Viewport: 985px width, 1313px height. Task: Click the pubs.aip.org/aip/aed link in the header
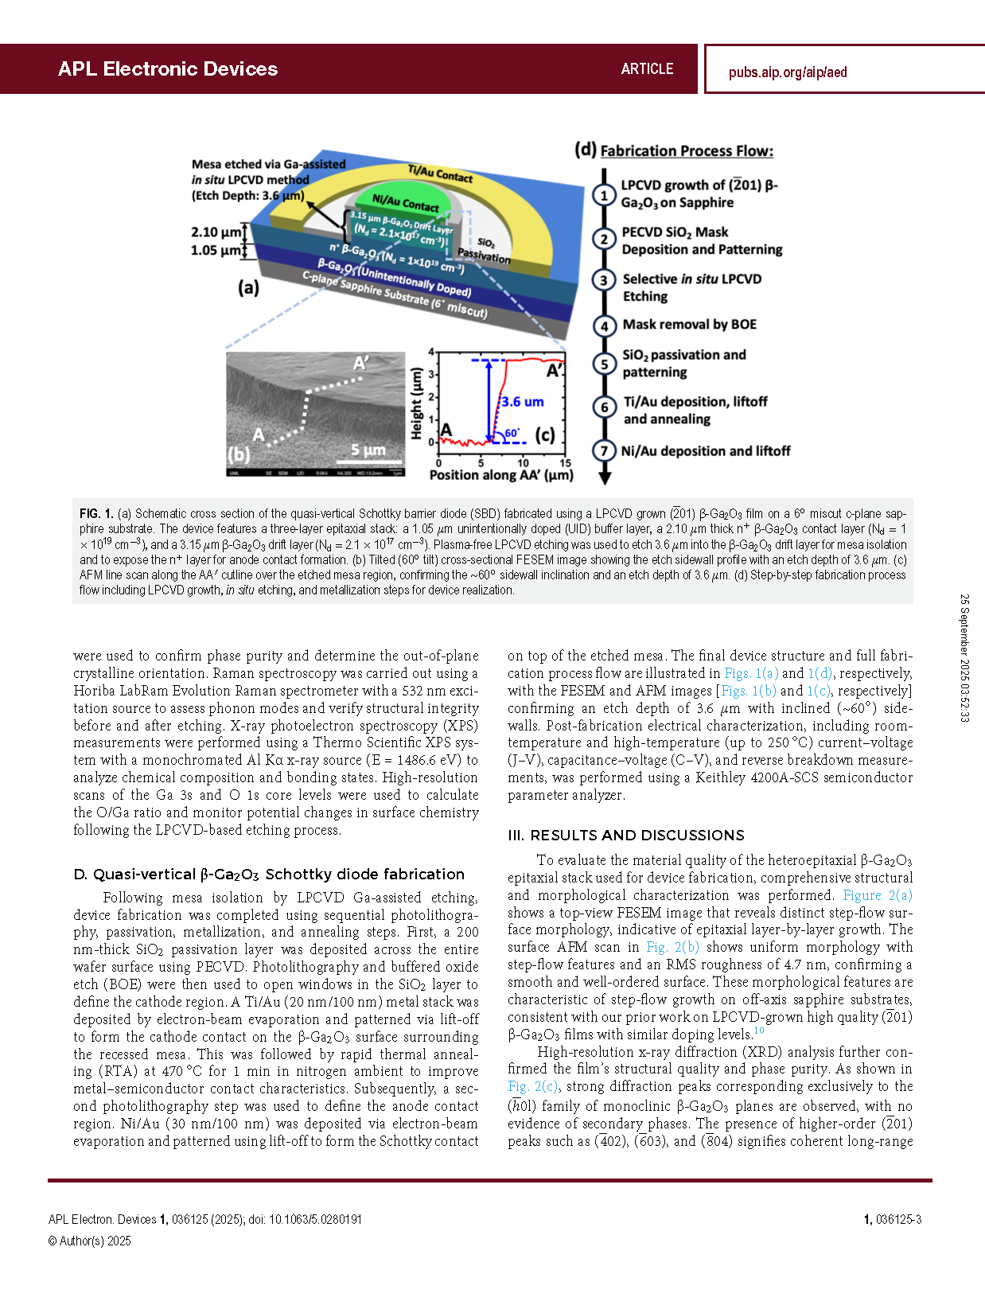pos(787,72)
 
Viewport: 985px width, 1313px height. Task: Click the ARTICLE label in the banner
pos(647,68)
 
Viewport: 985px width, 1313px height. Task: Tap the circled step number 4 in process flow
pos(604,326)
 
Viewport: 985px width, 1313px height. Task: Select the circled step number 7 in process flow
pos(604,450)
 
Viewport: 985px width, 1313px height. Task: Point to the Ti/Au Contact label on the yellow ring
pos(440,173)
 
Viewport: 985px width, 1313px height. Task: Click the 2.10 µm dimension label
pos(216,232)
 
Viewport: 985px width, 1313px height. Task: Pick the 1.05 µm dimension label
pos(216,250)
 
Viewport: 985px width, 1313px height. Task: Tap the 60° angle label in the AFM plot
pos(512,432)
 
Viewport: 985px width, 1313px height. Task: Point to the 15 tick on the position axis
pos(565,462)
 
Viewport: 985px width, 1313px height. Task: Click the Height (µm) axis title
pos(416,403)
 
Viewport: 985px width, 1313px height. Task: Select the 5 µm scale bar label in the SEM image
pos(368,450)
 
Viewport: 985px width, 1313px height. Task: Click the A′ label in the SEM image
pos(360,363)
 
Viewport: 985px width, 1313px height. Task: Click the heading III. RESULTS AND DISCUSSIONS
pos(625,835)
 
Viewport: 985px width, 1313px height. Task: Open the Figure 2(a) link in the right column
pos(878,895)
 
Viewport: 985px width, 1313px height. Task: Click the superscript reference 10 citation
pos(758,1030)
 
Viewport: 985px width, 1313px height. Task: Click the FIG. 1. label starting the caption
pos(95,513)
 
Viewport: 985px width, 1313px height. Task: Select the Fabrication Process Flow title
pos(687,150)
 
